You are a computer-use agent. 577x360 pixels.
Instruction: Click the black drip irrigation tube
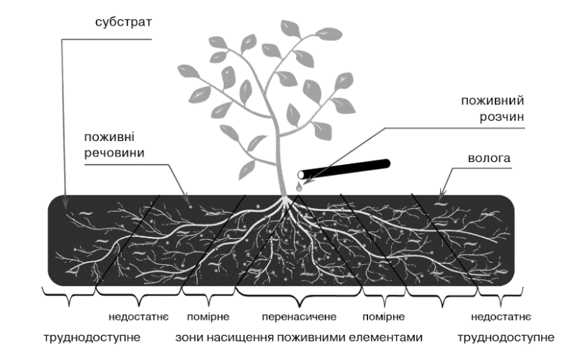click(x=353, y=167)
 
